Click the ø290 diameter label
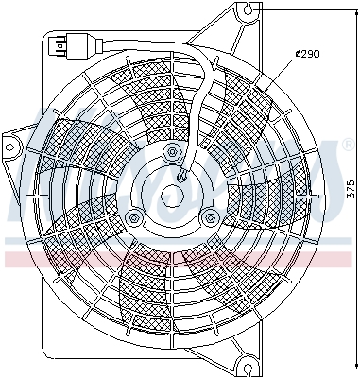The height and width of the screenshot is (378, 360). pyautogui.click(x=308, y=54)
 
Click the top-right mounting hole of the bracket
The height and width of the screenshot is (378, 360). pyautogui.click(x=249, y=11)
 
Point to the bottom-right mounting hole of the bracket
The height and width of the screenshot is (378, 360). pyautogui.click(x=248, y=363)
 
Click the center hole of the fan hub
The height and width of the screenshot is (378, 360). pyautogui.click(x=172, y=198)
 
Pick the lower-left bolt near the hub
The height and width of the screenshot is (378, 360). pyautogui.click(x=134, y=218)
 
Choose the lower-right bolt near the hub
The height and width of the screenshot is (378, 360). pyautogui.click(x=209, y=218)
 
